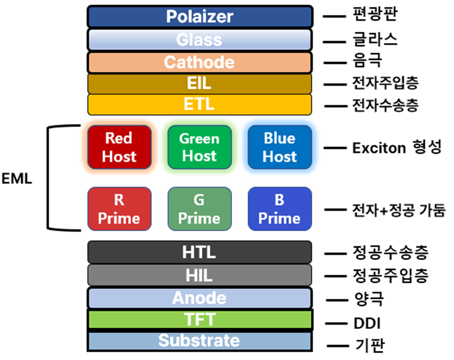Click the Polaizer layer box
[199, 17]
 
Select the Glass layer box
[199, 40]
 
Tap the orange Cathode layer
[199, 62]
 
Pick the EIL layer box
[199, 83]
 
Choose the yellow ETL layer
[199, 105]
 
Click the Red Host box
[119, 147]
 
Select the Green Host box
[199, 147]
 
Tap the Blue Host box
[280, 147]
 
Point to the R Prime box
[119, 209]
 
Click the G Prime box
[199, 209]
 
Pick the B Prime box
[280, 209]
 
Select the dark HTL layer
[199, 252]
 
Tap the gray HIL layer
[199, 275]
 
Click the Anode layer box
[199, 298]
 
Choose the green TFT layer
[199, 320]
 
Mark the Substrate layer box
[199, 340]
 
